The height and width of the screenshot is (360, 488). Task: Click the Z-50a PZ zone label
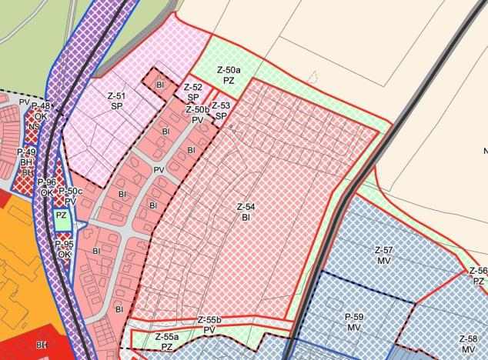229,74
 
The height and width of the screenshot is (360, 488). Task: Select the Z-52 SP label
193,92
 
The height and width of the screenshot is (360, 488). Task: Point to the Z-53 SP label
220,110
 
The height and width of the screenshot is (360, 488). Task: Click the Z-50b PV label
197,115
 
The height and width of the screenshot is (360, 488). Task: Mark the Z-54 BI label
246,212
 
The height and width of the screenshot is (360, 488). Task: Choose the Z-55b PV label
209,324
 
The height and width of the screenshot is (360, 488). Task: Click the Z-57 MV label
383,255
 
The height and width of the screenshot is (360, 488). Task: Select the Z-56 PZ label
478,275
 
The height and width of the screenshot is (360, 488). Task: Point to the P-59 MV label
353,322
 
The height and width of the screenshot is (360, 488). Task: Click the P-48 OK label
40,111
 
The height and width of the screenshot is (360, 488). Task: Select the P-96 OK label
48,187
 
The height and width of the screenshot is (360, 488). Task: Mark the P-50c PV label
71,195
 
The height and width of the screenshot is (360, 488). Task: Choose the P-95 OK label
65,248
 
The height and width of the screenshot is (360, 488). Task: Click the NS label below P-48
35,127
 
